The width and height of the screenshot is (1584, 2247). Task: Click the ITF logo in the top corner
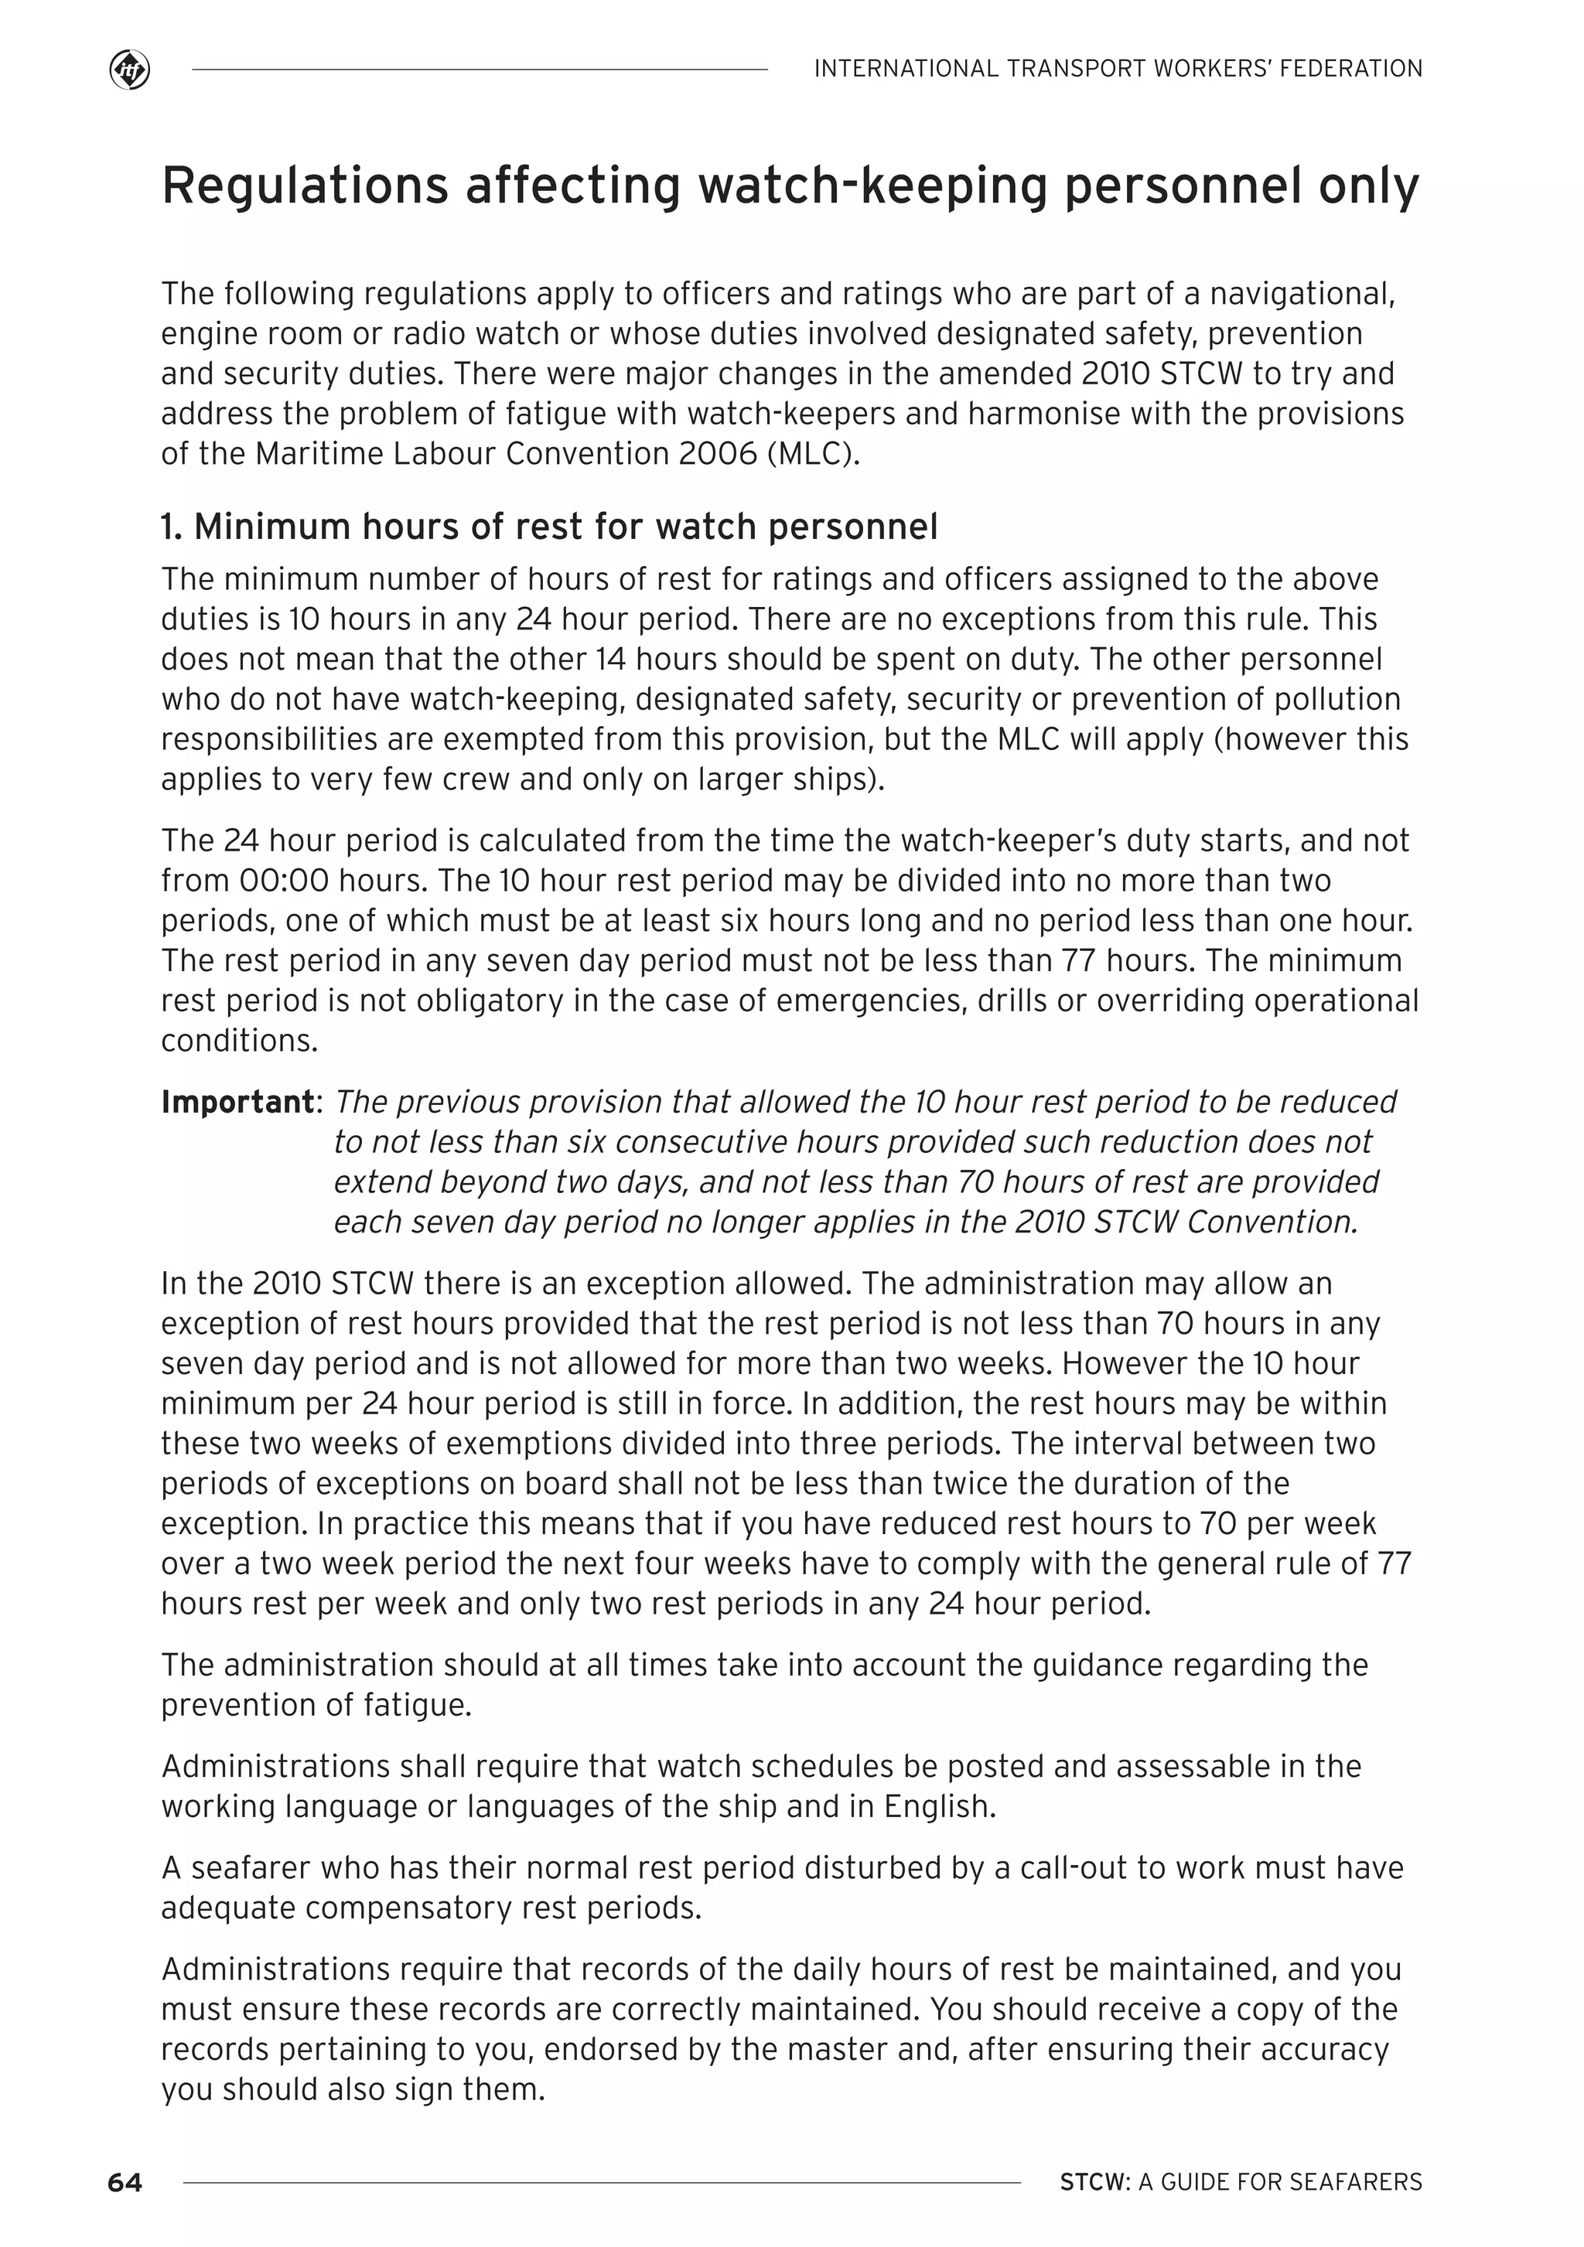129,70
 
